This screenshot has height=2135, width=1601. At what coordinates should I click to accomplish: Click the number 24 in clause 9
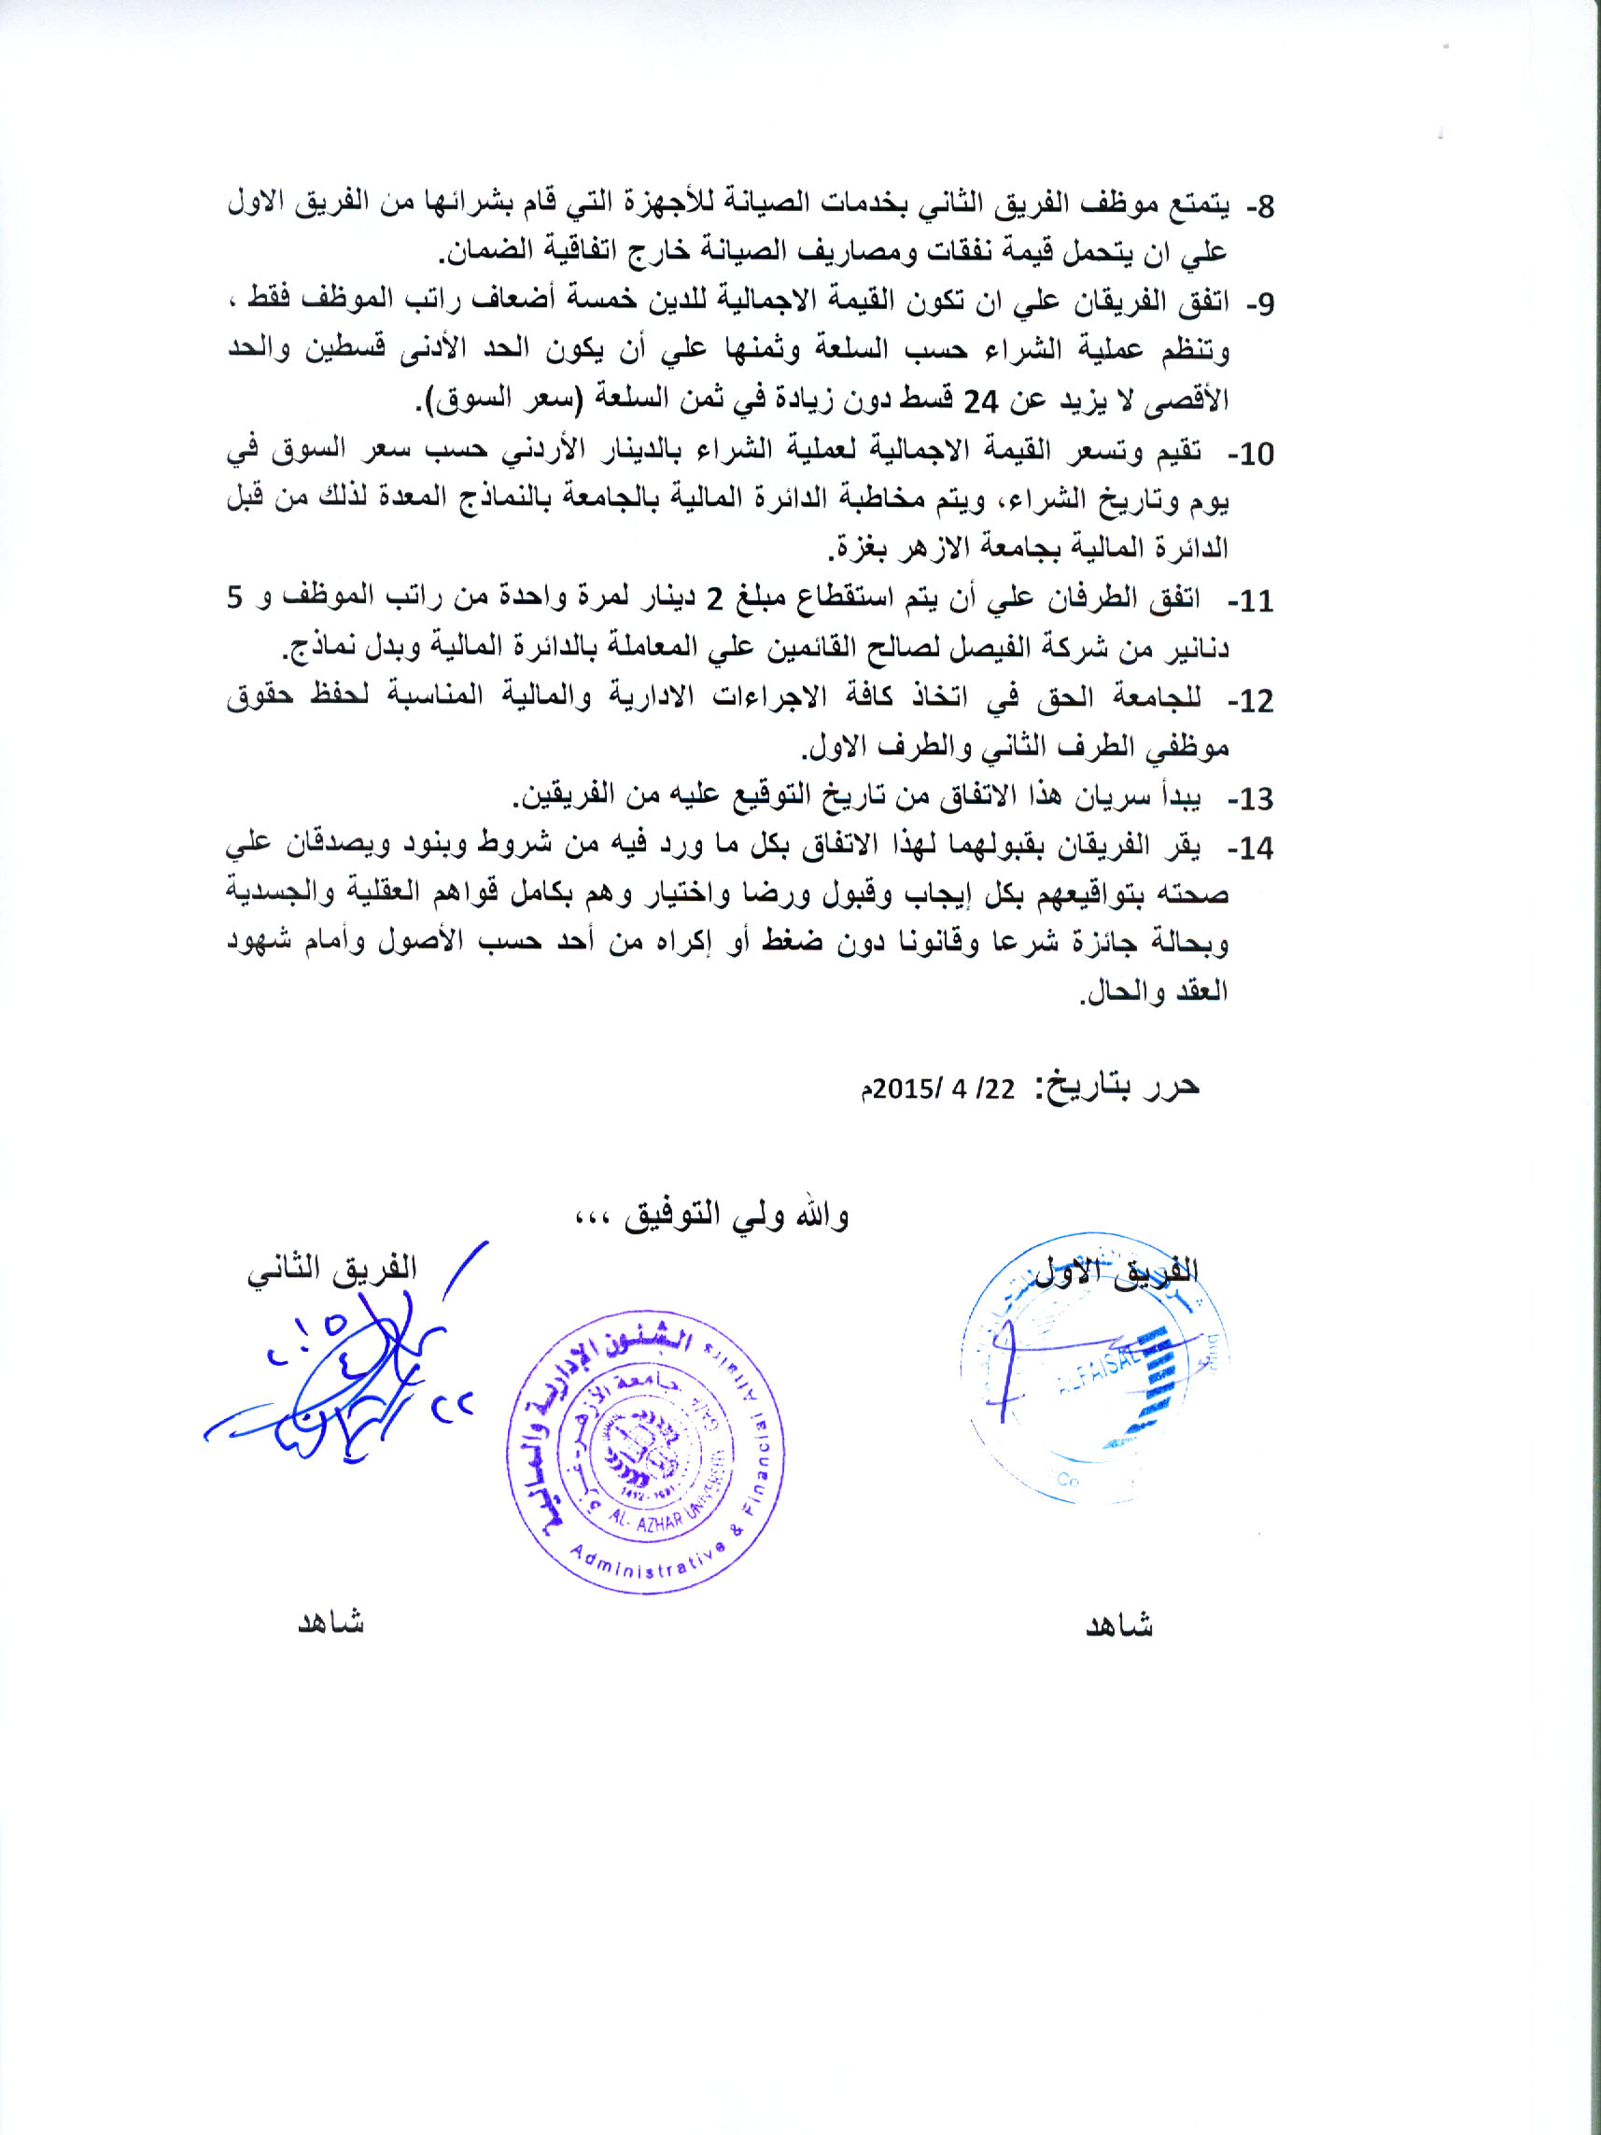[x=980, y=402]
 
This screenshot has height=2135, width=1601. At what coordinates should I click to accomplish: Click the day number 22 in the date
[x=1000, y=1089]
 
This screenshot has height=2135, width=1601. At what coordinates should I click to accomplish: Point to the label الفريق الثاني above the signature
[x=332, y=1269]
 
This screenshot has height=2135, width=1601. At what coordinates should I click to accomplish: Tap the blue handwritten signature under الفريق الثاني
[x=338, y=1390]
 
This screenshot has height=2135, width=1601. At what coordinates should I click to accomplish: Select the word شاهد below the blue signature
[x=330, y=1622]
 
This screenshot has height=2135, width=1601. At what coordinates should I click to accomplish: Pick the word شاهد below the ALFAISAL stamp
[x=1119, y=1625]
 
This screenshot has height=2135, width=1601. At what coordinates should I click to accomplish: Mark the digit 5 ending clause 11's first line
[x=235, y=597]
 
